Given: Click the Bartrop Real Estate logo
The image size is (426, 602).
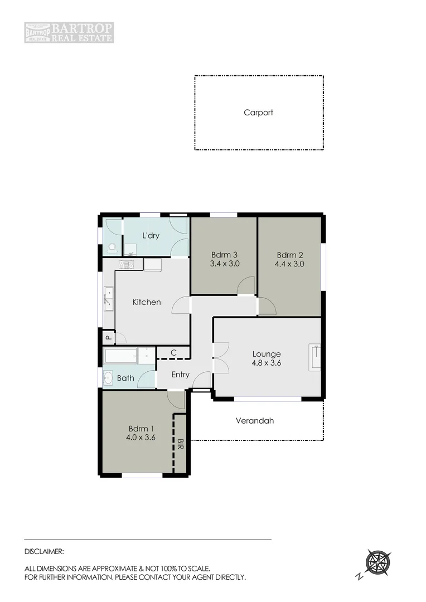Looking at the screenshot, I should [x=69, y=32].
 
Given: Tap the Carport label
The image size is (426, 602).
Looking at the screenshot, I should [x=258, y=113].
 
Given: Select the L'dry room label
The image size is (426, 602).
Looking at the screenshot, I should [x=151, y=236].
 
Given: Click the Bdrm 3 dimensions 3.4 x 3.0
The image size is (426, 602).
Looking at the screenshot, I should [x=225, y=264].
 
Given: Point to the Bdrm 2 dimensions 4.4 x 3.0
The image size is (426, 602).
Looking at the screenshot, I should [x=290, y=264].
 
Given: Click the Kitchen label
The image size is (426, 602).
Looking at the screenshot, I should [x=146, y=302].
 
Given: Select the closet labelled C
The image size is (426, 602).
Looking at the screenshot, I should [x=173, y=352].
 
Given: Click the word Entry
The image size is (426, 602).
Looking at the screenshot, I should [x=180, y=375].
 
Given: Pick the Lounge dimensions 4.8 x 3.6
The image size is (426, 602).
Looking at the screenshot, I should [x=266, y=363].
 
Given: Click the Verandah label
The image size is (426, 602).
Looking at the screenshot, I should [x=254, y=421].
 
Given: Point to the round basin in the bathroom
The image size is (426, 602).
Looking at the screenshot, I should [x=108, y=377].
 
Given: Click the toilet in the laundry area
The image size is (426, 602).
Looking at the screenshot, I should [x=112, y=246].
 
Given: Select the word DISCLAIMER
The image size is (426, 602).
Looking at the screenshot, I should [x=45, y=551].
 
